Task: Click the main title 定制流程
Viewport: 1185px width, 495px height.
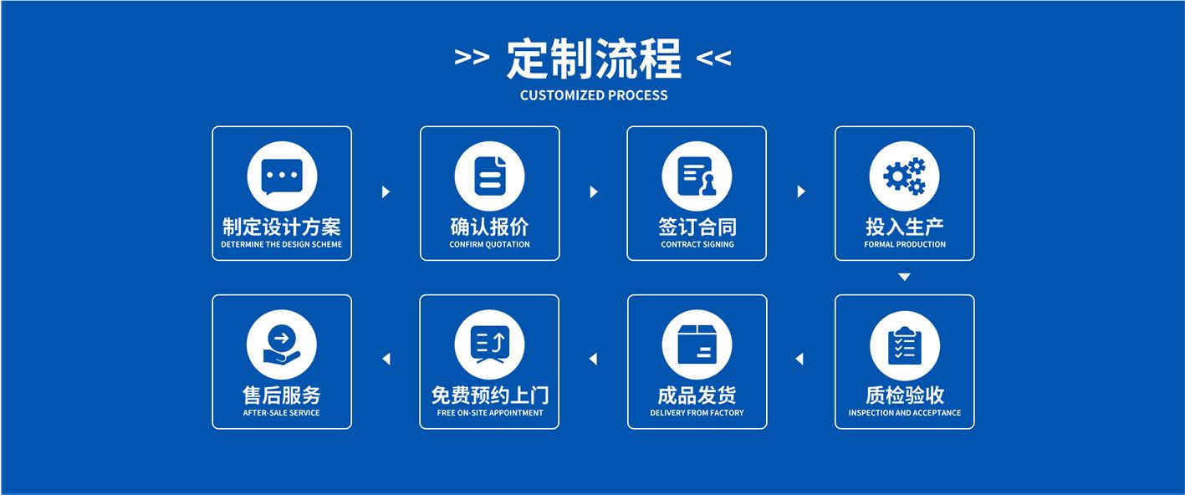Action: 593,59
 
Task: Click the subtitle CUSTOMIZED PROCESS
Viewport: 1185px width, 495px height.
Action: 594,95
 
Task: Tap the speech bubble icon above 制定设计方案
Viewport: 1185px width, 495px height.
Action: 282,177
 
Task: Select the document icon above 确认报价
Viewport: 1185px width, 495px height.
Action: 489,177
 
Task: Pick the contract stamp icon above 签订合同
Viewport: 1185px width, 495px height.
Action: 697,177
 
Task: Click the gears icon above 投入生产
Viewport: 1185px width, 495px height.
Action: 904,177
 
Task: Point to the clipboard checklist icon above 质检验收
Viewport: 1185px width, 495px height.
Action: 904,345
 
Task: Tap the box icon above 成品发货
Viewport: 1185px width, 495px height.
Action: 697,345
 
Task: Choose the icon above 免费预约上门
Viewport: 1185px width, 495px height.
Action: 489,345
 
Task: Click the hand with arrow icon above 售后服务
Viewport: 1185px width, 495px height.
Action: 282,345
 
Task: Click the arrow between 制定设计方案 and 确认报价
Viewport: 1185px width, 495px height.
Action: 386,192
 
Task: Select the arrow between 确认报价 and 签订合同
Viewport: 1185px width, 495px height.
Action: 594,192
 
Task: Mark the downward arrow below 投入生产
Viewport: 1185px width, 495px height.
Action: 904,277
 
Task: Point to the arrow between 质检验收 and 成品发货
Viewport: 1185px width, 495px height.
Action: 799,360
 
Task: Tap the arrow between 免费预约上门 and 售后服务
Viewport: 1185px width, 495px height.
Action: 386,360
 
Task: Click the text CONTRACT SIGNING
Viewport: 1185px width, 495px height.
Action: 697,245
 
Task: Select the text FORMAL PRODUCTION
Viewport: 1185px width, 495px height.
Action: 904,245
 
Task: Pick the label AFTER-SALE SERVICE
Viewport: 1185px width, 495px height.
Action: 281,413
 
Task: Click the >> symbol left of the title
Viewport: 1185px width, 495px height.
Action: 472,59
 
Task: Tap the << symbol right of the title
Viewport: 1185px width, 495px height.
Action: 713,59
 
